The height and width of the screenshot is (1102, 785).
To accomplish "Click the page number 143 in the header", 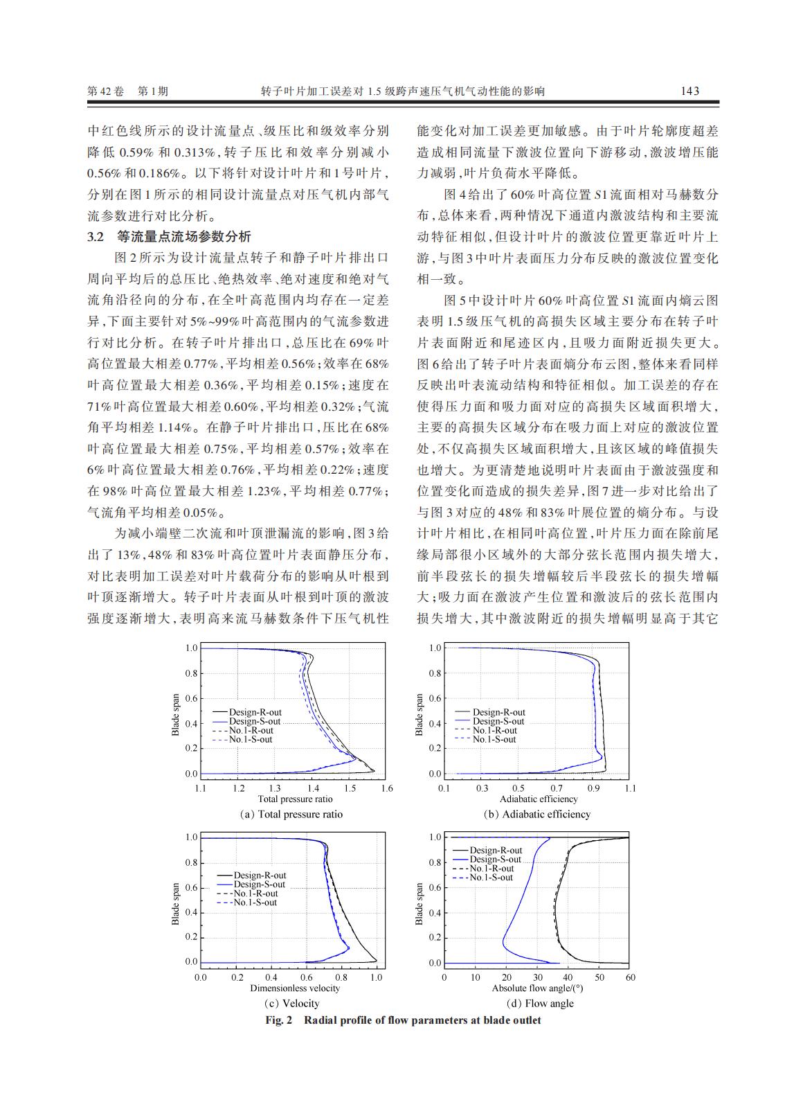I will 689,91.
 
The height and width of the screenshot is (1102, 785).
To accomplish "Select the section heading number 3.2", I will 96,236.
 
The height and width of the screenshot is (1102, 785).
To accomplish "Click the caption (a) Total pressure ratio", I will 291,814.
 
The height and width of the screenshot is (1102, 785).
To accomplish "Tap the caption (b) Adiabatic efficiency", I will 536,814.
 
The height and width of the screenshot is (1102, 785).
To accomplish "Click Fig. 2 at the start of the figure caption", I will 280,1020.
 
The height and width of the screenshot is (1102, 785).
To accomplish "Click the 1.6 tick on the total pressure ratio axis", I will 387,788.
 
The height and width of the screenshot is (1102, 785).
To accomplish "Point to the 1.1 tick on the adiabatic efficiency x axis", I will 630,788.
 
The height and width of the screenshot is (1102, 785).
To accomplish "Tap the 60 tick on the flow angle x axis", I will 630,977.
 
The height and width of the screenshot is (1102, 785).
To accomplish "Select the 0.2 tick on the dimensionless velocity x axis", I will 237,977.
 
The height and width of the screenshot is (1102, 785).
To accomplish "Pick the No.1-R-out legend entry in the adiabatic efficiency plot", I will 494,730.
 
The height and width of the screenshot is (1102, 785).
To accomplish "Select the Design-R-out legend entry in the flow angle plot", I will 496,851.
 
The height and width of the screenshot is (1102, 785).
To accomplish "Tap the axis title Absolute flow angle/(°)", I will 537,988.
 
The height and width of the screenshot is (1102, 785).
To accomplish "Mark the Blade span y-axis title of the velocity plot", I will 175,903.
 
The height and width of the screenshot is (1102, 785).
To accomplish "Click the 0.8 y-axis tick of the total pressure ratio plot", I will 192,673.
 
